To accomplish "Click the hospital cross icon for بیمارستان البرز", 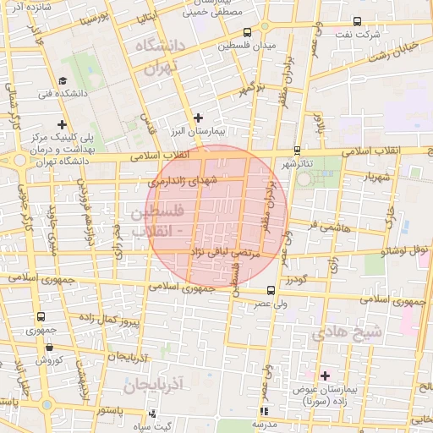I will point(198,118).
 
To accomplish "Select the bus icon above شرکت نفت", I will point(357,22).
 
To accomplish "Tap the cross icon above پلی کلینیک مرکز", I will point(62,124).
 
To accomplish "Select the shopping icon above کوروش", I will point(49,347).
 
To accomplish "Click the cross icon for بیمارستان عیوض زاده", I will point(325,375).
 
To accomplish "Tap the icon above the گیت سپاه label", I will point(152,414).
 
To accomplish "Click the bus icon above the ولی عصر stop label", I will point(271,289).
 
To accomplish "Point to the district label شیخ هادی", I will point(347,332).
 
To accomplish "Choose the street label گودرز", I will point(294,278).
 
